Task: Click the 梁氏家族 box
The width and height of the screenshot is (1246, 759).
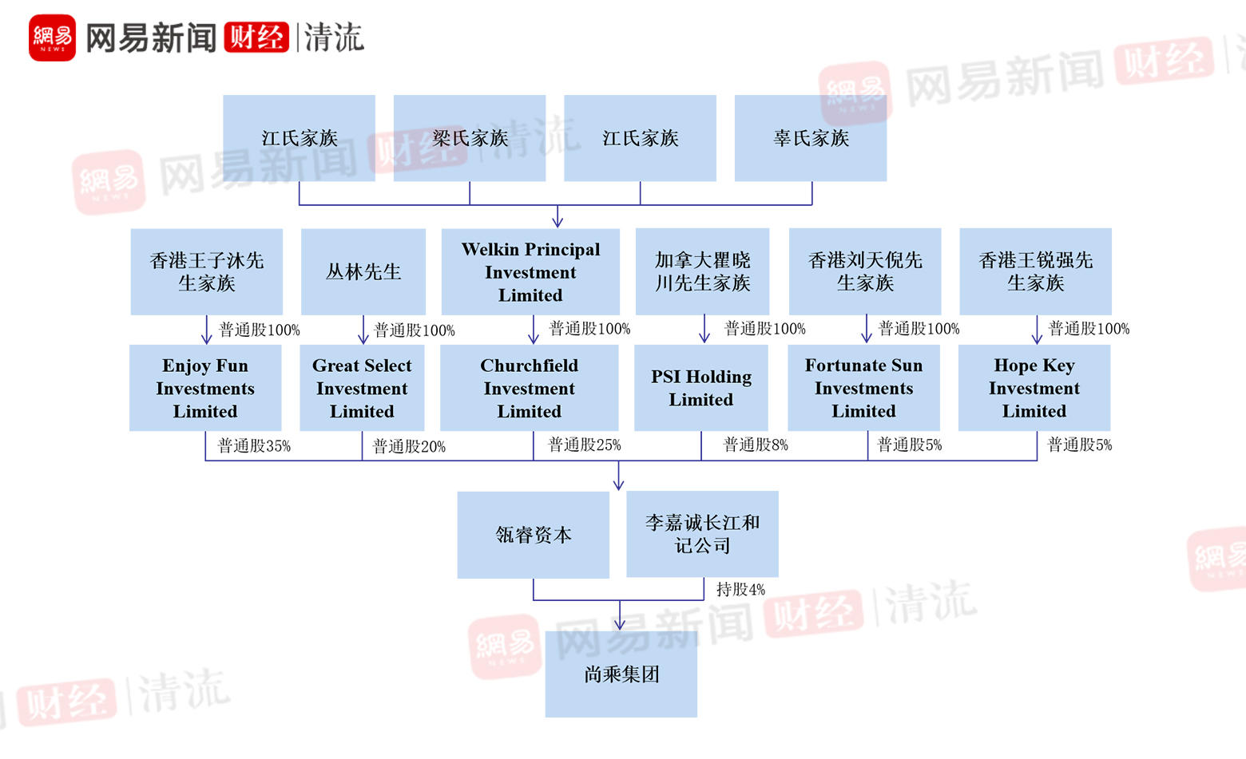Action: click(470, 138)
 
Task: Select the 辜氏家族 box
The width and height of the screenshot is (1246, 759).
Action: click(811, 138)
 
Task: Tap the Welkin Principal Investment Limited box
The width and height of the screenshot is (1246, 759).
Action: click(530, 271)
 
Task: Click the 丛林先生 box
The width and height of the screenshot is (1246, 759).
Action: click(363, 271)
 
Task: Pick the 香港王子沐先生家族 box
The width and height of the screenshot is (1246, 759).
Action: click(206, 271)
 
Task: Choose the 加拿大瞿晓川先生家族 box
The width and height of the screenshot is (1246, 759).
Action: click(703, 271)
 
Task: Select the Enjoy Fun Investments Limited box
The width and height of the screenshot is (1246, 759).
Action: click(205, 388)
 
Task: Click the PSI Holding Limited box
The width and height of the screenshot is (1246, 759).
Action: click(701, 388)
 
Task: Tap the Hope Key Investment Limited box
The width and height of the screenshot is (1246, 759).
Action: click(1034, 388)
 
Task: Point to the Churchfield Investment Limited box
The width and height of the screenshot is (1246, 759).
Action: click(529, 388)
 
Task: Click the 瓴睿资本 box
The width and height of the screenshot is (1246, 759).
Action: click(534, 535)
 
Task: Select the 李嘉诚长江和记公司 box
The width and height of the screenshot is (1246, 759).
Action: click(703, 534)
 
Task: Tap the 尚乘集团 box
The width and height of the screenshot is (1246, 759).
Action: click(621, 674)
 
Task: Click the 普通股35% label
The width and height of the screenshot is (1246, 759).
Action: click(254, 445)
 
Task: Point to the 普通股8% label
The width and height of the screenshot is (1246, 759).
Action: click(756, 445)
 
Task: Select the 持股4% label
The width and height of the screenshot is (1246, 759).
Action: click(740, 590)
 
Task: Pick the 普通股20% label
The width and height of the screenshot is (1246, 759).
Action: click(409, 446)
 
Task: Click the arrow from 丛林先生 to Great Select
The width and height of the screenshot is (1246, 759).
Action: click(363, 330)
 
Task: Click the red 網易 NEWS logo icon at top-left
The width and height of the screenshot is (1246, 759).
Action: click(52, 38)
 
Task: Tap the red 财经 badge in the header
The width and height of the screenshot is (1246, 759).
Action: click(256, 38)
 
